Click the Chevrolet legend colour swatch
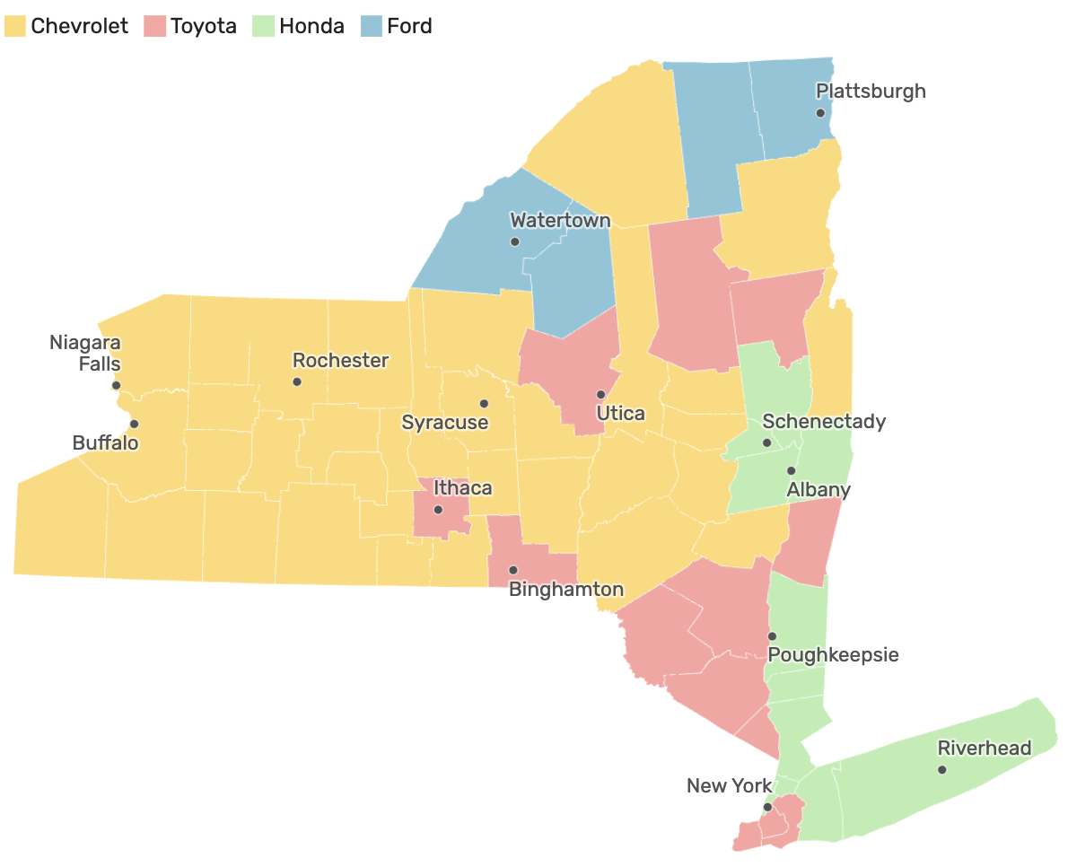pos(15,26)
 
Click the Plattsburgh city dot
pos(820,113)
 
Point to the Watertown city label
pos(560,221)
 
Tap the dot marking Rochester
pos(297,381)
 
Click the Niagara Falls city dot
pos(116,385)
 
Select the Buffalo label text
pos(106,442)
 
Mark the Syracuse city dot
pos(484,404)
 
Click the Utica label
pos(621,414)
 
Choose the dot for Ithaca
pos(438,510)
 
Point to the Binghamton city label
pos(565,590)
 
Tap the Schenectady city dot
pos(766,443)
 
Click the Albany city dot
pos(792,470)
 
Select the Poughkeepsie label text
pos(833,654)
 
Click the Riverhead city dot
pos(941,770)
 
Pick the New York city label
pos(729,786)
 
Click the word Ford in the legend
pos(409,26)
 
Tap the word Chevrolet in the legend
pos(80,26)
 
